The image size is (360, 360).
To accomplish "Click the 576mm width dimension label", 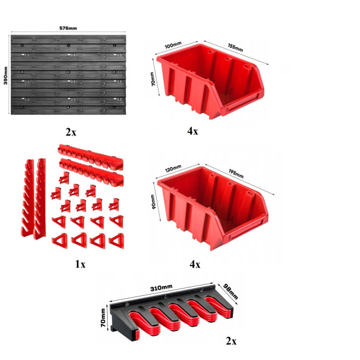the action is (68, 28).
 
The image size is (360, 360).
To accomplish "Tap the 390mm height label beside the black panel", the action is (5, 76).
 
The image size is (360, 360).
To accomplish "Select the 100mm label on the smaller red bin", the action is (173, 45).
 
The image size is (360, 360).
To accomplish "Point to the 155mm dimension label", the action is (235, 48).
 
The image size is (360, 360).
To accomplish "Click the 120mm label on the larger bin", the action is (173, 168).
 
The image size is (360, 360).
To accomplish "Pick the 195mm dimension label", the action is (236, 174).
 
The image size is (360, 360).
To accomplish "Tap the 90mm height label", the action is (153, 201).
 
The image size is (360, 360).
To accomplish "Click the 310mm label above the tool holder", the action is (161, 287).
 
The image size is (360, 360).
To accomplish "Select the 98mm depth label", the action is (230, 292).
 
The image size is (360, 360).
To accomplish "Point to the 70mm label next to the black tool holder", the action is (103, 318).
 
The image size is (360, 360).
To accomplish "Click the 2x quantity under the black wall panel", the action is (71, 132).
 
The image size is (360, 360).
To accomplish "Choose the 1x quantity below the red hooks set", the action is (80, 264).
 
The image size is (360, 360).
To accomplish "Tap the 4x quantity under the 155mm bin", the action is (192, 131).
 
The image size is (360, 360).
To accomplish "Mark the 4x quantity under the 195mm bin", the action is (195, 264).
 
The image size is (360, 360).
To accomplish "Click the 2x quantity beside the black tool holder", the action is (231, 341).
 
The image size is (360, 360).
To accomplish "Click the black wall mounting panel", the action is (68, 74).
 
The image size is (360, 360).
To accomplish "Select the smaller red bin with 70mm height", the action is (210, 81).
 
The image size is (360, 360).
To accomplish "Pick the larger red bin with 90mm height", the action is (212, 208).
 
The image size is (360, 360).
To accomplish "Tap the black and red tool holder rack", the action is (171, 313).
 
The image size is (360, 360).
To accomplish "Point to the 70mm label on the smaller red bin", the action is (152, 79).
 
